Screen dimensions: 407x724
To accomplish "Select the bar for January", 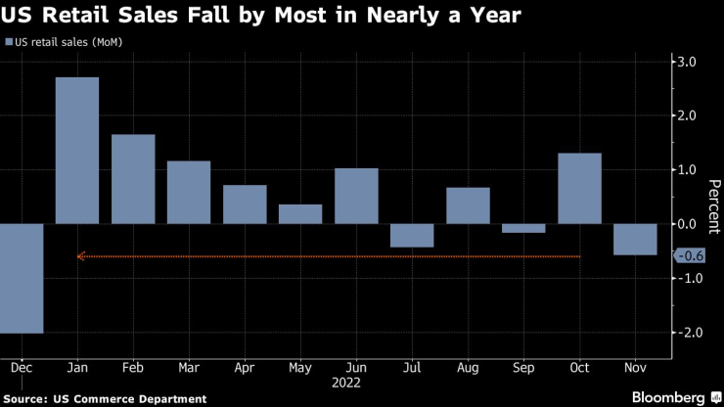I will (76, 150).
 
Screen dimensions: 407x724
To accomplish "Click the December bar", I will (21, 278).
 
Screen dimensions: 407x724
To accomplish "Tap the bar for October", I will (580, 188).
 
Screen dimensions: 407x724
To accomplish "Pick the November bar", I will (636, 239).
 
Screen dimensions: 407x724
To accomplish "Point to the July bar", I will (412, 235).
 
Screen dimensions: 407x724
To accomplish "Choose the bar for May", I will (300, 213).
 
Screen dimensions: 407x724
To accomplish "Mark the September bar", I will (524, 228).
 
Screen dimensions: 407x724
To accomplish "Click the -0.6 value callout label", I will (691, 256).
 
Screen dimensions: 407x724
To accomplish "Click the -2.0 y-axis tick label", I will (689, 333).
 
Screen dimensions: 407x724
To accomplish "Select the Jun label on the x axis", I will (356, 369).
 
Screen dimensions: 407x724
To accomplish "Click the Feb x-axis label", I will (133, 369).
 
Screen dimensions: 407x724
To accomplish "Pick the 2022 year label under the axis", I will (347, 384).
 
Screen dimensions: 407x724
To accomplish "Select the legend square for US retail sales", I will (11, 42).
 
